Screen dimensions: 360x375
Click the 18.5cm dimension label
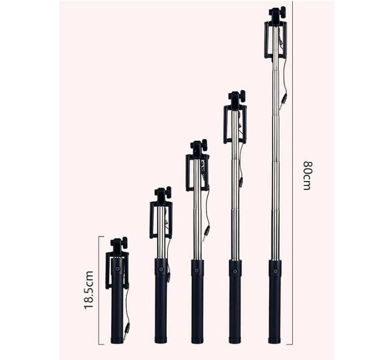point(89,290)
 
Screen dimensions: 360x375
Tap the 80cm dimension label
point(307,175)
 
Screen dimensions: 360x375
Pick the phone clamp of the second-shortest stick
point(161,218)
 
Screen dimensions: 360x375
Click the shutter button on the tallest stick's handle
point(275,269)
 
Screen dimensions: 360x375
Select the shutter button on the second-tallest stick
point(235,269)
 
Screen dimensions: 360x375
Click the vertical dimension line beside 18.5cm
point(99,290)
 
